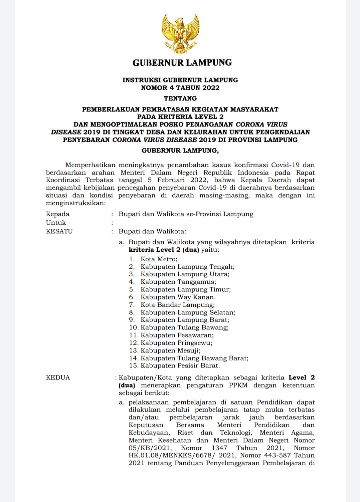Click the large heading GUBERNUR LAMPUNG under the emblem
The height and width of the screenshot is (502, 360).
pos(182,62)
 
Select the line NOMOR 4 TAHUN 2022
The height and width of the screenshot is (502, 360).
pos(180,88)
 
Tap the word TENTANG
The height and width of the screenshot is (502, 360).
pos(180,98)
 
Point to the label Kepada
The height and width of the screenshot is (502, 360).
pos(58,214)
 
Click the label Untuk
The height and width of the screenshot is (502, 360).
pos(56,223)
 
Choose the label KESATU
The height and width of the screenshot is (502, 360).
pos(59,231)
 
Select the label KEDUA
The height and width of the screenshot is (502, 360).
pos(58,378)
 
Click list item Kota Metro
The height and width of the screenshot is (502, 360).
pos(159,259)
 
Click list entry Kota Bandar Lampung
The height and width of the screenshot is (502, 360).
pos(177,305)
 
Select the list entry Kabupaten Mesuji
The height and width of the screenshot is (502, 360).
pos(170,350)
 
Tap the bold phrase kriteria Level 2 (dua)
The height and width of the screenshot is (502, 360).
pos(164,250)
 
